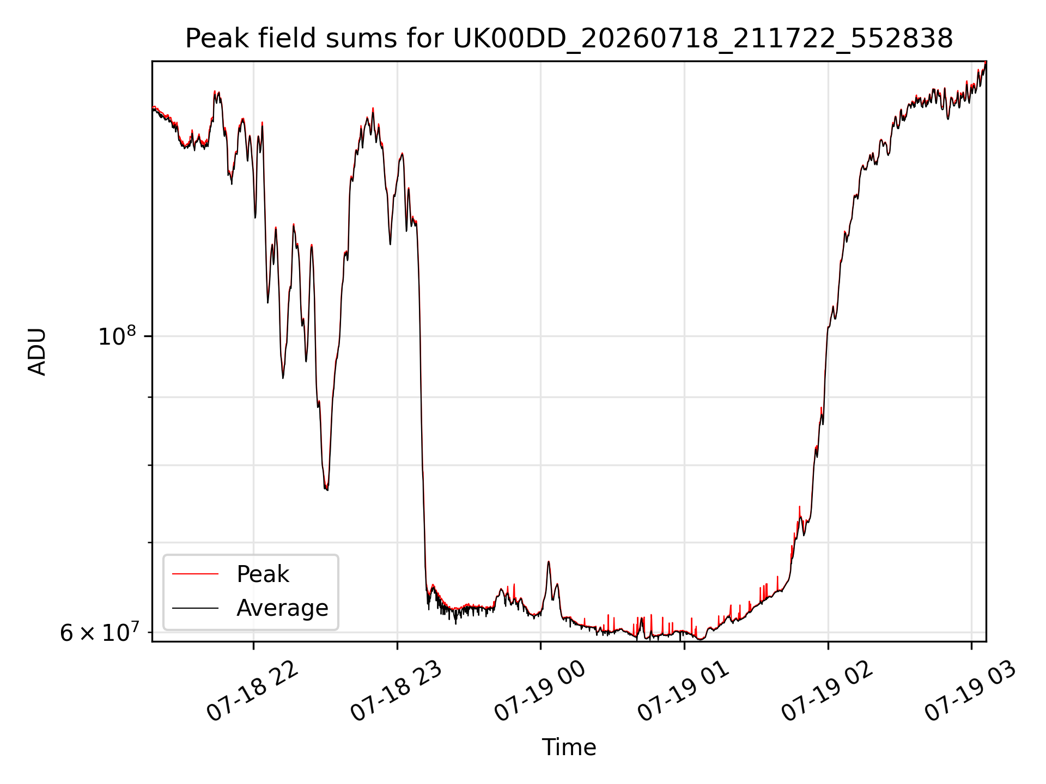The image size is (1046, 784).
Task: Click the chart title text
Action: [x=569, y=39]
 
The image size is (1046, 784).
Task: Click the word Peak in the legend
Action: [x=263, y=574]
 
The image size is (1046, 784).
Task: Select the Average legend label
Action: [x=282, y=608]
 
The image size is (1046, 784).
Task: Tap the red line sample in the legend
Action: [x=195, y=574]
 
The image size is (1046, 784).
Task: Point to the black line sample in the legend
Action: [x=195, y=608]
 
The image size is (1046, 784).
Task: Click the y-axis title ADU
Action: [x=37, y=352]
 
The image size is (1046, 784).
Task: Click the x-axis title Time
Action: [x=569, y=748]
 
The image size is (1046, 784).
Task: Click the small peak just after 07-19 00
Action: [x=549, y=561]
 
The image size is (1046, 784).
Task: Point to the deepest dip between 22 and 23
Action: [x=326, y=489]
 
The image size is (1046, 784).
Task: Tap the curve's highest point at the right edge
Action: [x=986, y=62]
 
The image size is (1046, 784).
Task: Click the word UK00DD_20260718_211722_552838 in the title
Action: [x=703, y=39]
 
